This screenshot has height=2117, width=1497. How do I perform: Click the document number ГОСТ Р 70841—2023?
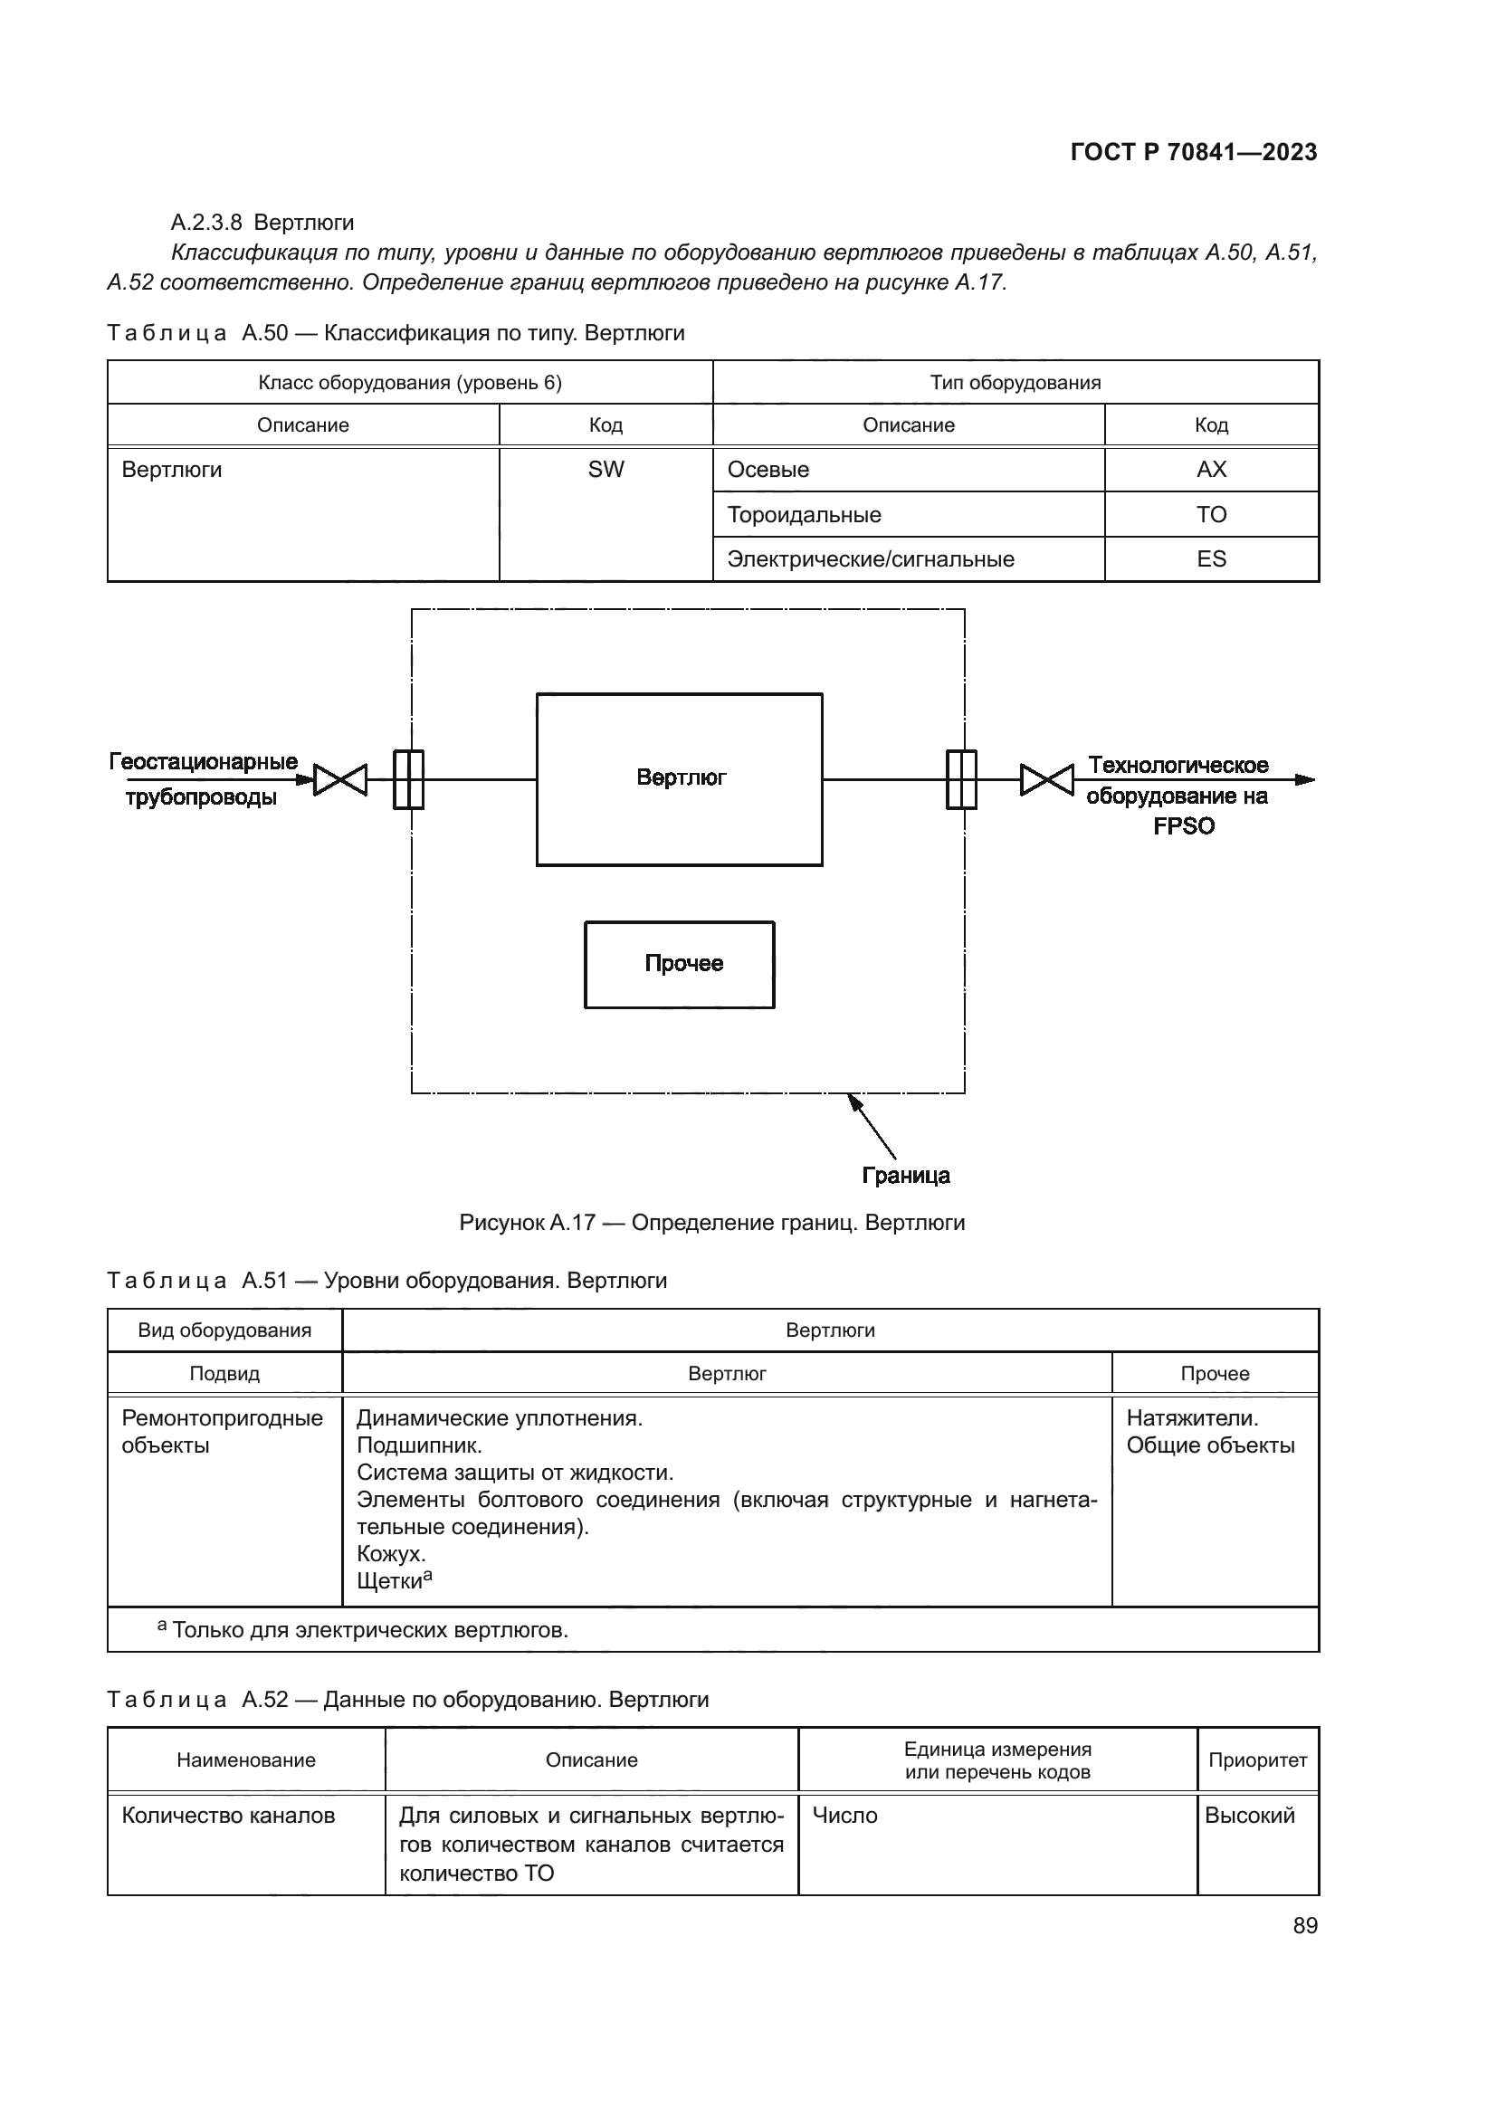coord(1193,152)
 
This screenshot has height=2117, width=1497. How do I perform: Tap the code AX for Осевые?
coord(1210,471)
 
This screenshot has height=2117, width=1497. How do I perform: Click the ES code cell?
coord(1210,558)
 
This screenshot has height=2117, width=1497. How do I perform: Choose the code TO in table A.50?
coord(1210,514)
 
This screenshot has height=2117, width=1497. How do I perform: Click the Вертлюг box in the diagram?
coord(680,779)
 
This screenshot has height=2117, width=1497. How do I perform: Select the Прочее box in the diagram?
coord(680,964)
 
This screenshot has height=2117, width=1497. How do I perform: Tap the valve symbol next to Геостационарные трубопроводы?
coord(340,780)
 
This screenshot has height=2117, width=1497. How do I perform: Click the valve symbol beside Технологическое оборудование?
coord(1046,780)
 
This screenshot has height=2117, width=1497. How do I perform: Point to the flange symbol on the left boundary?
coord(408,780)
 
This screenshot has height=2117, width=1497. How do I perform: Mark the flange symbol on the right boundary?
coord(961,780)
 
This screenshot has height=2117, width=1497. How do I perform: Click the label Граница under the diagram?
coord(905,1176)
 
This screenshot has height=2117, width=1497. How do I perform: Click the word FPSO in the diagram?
coord(1184,826)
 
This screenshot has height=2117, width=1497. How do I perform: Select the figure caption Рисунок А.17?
coord(711,1223)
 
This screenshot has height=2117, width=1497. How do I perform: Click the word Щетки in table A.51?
coord(389,1581)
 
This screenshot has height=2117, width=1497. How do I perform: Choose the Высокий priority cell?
coord(1249,1816)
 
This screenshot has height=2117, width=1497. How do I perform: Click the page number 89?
coord(1304,1925)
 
